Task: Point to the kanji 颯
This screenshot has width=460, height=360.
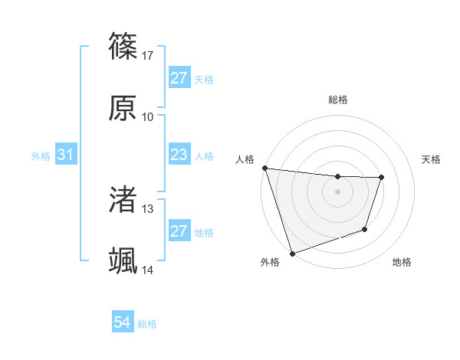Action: pyautogui.click(x=123, y=260)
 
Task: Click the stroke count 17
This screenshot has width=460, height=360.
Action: pyautogui.click(x=149, y=55)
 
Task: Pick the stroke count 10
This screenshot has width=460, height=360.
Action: pyautogui.click(x=148, y=116)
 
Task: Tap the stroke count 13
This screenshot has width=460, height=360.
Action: pyautogui.click(x=148, y=208)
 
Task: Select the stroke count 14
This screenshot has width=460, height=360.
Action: pyautogui.click(x=148, y=270)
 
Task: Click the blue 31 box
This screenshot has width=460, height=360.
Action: pyautogui.click(x=65, y=155)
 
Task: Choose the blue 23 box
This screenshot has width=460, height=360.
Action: pyautogui.click(x=179, y=155)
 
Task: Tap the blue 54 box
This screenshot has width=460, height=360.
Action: pyautogui.click(x=123, y=322)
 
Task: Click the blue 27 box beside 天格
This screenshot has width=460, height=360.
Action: pyautogui.click(x=179, y=77)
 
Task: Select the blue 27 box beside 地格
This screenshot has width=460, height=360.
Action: pyautogui.click(x=179, y=231)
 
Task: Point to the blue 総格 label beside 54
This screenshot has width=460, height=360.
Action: pyautogui.click(x=147, y=324)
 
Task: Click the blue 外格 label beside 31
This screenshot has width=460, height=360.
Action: pyautogui.click(x=41, y=156)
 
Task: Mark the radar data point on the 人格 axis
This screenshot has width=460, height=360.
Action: pyautogui.click(x=264, y=168)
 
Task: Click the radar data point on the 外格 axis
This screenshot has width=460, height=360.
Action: pyautogui.click(x=292, y=253)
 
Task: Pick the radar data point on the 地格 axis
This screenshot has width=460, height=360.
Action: pyautogui.click(x=365, y=229)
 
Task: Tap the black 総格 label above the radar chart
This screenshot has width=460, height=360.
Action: pyautogui.click(x=337, y=100)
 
